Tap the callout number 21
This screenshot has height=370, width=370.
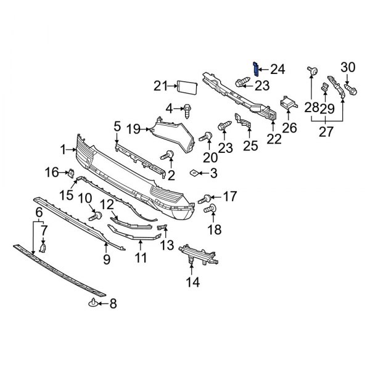(x=161, y=85)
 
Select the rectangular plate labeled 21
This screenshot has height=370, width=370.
(x=186, y=86)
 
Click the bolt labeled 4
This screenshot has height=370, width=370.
(x=186, y=110)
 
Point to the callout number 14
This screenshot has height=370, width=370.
(x=193, y=283)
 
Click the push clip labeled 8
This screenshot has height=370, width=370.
(x=92, y=302)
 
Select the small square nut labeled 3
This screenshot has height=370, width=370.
(x=194, y=174)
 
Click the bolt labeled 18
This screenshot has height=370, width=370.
(x=208, y=212)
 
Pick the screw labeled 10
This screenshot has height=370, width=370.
(x=96, y=216)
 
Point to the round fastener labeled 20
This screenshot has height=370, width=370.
(x=207, y=136)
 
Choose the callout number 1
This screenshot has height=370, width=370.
(x=64, y=149)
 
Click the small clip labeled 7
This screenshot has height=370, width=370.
(x=43, y=249)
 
